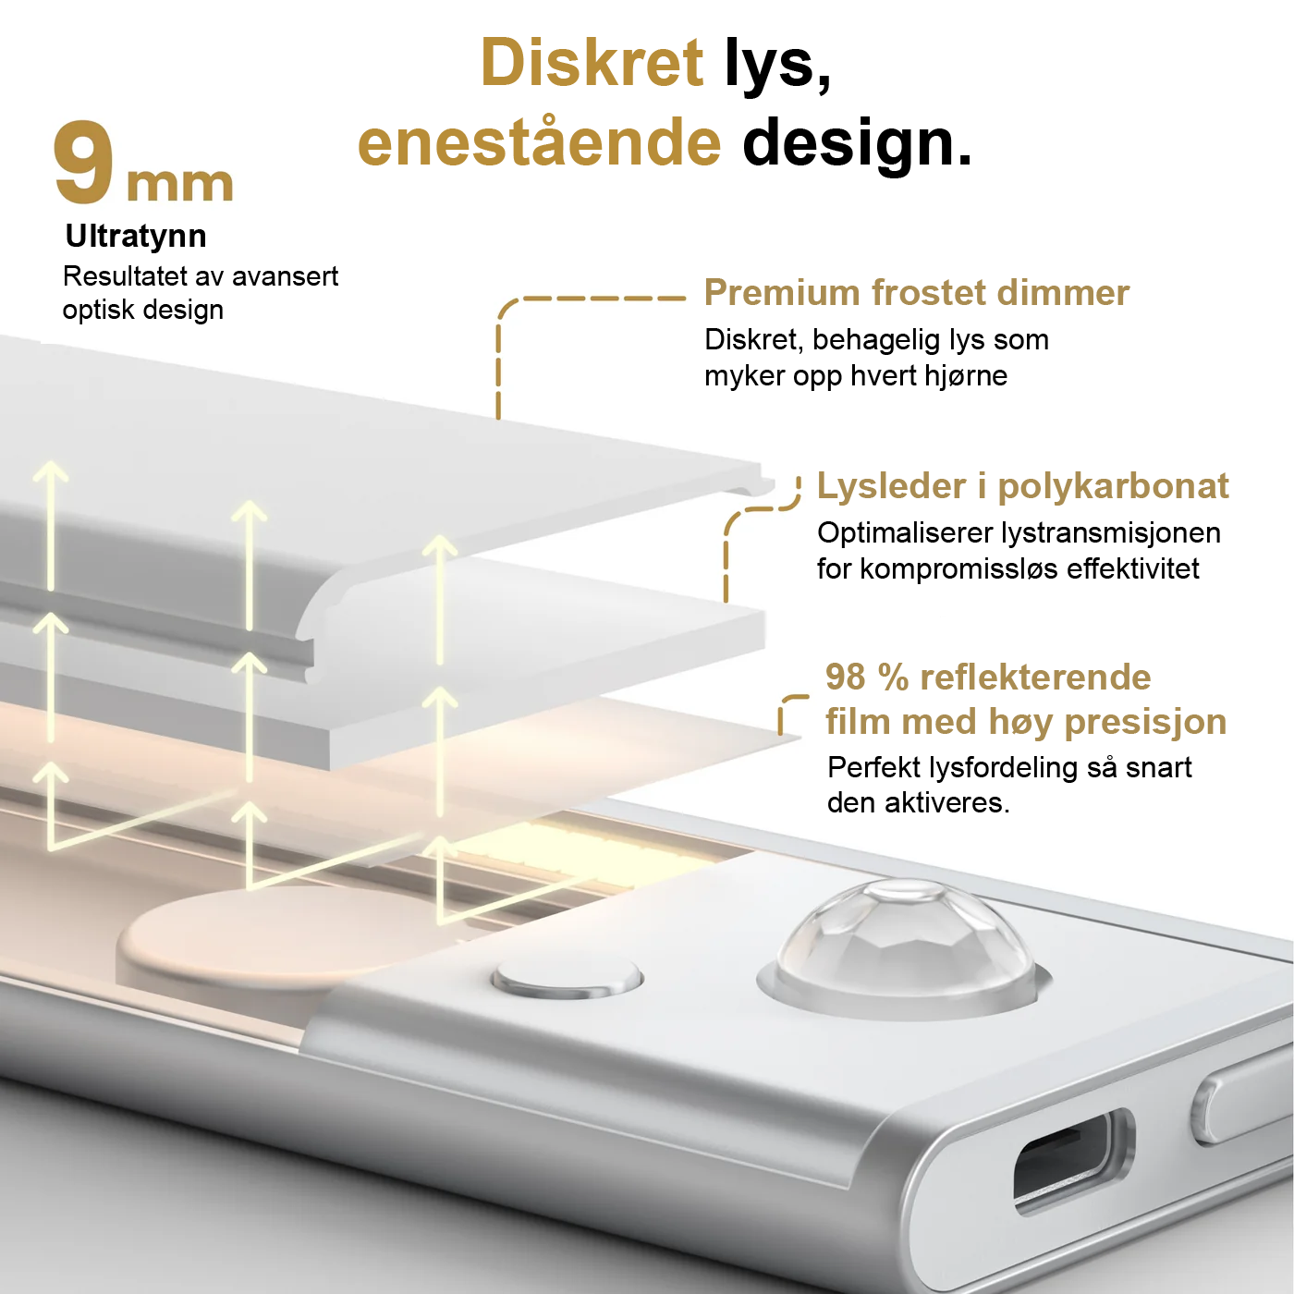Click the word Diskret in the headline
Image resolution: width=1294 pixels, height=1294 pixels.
pos(592,63)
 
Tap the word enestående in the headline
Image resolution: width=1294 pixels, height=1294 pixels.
pos(539,142)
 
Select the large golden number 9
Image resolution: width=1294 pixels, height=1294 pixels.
pos(83,164)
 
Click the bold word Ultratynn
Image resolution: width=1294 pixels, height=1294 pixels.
pos(136,237)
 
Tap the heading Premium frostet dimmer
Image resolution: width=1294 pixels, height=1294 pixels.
pos(917,293)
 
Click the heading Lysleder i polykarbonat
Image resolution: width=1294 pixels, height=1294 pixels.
pos(1022,487)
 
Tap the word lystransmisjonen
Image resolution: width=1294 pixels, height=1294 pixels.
pos(1111,534)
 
